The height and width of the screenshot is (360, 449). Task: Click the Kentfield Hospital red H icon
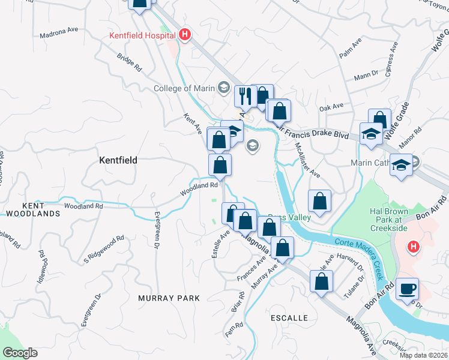[185, 35]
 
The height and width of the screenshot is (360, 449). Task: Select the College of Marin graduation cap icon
[224, 88]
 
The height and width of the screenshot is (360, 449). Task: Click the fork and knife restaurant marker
[244, 95]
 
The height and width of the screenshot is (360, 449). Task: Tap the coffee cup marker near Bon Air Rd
[407, 289]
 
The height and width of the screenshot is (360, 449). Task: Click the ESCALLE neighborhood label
[289, 317]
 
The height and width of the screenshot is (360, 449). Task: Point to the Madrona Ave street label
[59, 32]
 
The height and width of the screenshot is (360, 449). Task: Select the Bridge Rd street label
[129, 61]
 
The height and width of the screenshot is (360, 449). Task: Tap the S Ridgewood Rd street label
[104, 249]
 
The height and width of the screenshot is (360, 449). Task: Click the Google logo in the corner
[19, 353]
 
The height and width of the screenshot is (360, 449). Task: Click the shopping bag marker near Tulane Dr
[322, 281]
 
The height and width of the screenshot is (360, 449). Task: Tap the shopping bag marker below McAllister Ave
[320, 201]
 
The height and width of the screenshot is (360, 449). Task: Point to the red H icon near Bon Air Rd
[413, 247]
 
